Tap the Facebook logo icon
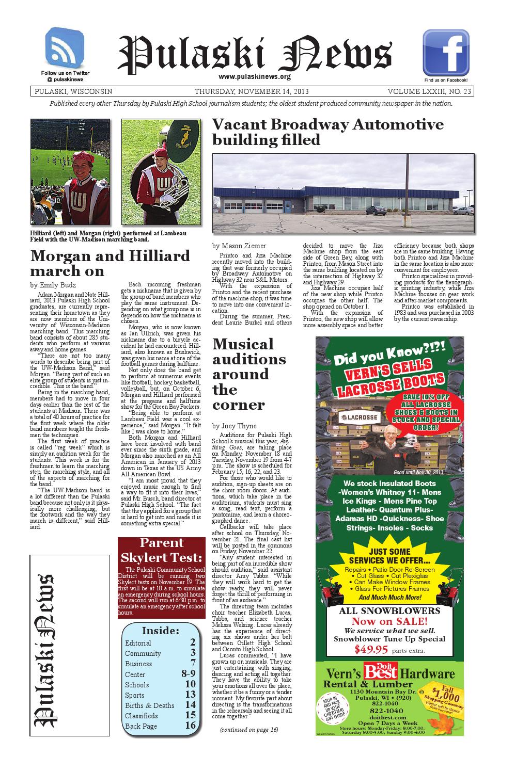pyautogui.click(x=445, y=53)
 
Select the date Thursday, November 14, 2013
pyautogui.click(x=252, y=91)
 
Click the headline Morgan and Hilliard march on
pyautogui.click(x=110, y=263)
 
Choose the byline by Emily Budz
pyautogui.click(x=53, y=285)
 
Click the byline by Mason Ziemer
pyautogui.click(x=240, y=246)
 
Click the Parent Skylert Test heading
pyautogui.click(x=162, y=550)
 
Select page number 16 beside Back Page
pyautogui.click(x=190, y=725)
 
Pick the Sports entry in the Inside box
pyautogui.click(x=135, y=695)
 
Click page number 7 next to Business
pyautogui.click(x=193, y=663)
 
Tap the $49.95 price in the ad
pyautogui.click(x=371, y=649)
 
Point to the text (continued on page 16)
pyautogui.click(x=248, y=729)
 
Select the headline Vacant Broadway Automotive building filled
pyautogui.click(x=328, y=132)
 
